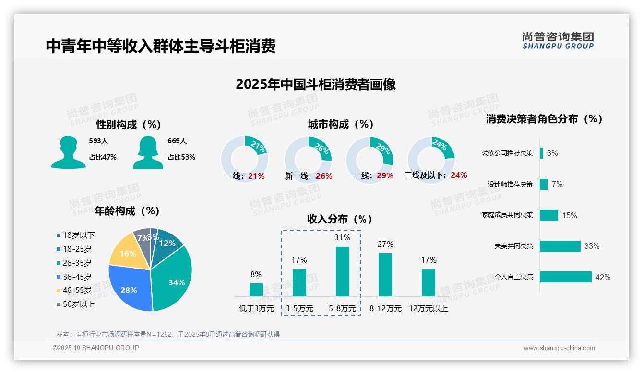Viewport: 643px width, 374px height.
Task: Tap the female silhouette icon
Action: coord(147,152)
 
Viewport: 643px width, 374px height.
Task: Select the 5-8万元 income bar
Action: coord(343,271)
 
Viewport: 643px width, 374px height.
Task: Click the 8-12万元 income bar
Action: coord(385,275)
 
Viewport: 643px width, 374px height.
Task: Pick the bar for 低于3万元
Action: coord(256,290)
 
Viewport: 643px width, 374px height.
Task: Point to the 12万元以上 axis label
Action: coord(429,309)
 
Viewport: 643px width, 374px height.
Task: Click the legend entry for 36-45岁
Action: coord(77,277)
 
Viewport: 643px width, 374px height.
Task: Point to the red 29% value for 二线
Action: coord(385,176)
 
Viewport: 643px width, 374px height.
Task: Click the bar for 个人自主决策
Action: coord(565,277)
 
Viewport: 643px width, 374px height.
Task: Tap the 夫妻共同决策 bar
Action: coord(560,246)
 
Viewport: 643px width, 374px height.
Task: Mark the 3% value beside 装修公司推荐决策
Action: coord(552,153)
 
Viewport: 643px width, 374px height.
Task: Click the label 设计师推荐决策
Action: coord(510,184)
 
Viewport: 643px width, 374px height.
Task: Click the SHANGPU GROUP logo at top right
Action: coord(558,41)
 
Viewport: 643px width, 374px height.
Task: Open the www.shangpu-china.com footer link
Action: coord(559,348)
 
